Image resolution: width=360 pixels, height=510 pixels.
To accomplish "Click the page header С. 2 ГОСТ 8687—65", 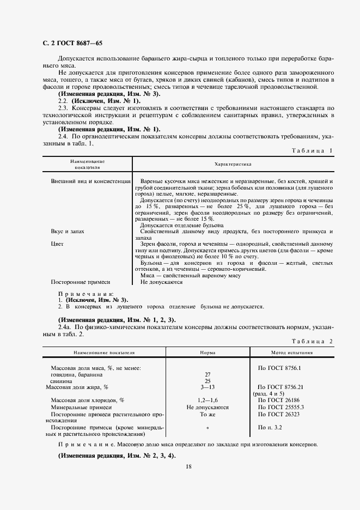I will (72, 43).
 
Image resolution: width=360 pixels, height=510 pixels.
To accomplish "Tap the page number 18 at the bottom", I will (188, 466).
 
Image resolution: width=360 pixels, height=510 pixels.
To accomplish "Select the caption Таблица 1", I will (312, 150).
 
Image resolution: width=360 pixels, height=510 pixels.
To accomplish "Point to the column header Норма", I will (208, 353).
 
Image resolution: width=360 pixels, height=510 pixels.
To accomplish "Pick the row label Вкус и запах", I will (68, 232).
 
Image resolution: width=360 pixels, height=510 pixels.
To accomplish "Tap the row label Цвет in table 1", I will (57, 244).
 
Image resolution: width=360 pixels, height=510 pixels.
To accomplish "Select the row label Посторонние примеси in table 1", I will (81, 282).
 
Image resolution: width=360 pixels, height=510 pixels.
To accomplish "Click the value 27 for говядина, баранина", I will (208, 374).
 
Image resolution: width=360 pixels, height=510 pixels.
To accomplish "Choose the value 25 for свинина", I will (208, 381).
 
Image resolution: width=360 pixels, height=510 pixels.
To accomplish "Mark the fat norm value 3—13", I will (208, 387).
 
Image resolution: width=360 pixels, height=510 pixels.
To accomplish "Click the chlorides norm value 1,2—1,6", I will (208, 400).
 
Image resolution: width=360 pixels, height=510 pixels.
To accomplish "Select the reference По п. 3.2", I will (270, 427).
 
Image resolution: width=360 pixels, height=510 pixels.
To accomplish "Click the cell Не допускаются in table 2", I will (208, 407).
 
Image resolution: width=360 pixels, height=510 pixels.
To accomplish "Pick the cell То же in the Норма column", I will (208, 414).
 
